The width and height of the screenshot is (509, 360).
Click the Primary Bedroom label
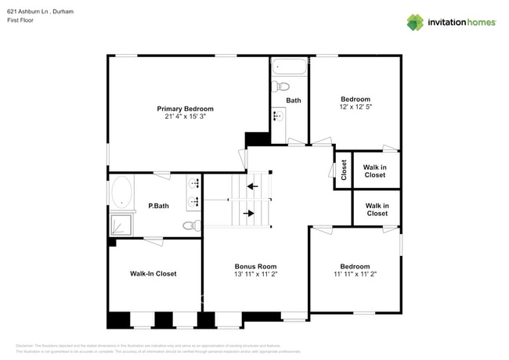[185, 109]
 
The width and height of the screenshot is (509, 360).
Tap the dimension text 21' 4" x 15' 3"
[185, 117]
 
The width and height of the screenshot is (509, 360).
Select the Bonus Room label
[256, 267]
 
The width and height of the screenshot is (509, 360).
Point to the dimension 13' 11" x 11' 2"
[256, 275]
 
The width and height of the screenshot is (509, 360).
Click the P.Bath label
[158, 207]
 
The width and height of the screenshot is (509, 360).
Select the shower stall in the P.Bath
[121, 224]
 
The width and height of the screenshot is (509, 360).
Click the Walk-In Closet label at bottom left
[153, 274]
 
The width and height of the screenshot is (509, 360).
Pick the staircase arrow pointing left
[252, 186]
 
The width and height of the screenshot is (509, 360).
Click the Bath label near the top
[293, 100]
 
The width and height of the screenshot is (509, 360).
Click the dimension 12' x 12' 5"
[355, 106]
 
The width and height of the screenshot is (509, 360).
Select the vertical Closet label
[343, 170]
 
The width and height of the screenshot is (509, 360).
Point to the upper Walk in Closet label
[374, 171]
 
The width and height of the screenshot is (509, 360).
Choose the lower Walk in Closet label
[377, 209]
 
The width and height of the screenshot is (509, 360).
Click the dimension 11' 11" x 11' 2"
[355, 275]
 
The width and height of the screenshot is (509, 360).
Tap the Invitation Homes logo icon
[415, 22]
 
